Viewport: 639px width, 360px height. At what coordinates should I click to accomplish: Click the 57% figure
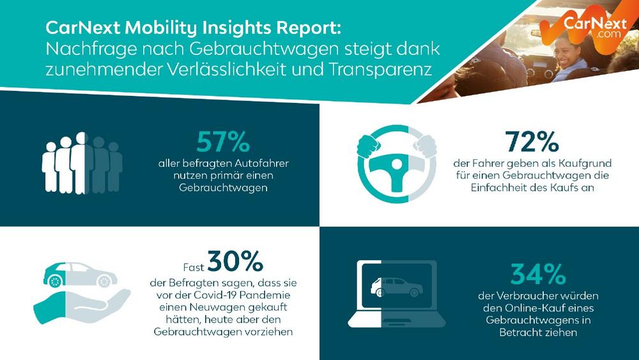[x=222, y=141]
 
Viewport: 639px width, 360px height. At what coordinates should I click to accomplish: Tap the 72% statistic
[x=532, y=142]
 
